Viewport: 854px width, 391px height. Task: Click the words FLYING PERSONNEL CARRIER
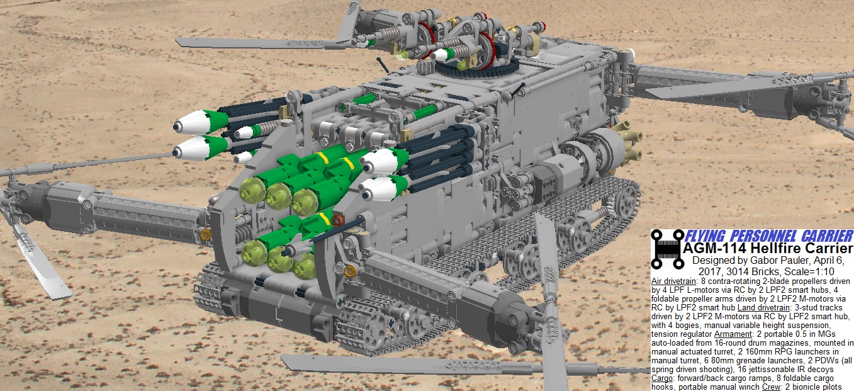[x=768, y=235]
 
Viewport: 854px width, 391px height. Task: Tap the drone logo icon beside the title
[x=667, y=249]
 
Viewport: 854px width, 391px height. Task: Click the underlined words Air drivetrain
[x=673, y=281]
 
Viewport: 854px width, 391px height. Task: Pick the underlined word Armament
[x=733, y=334]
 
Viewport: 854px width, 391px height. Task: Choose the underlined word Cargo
[x=662, y=378]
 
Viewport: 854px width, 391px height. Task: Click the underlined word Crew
[x=771, y=387]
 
